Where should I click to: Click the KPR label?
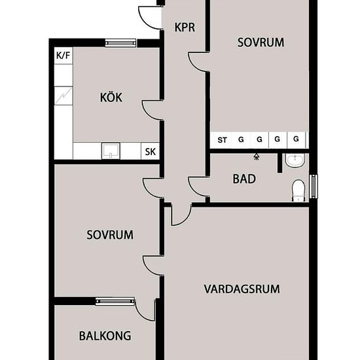coord(185,27)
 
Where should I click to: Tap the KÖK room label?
coord(111,97)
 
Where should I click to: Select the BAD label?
coord(244,179)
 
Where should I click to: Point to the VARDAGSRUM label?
coord(242,289)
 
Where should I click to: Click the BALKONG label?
coord(105,336)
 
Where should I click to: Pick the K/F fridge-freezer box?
coord(63,56)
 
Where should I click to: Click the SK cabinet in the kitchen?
coord(150,151)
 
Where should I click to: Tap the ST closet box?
coord(222,140)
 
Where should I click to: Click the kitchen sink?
coord(111,151)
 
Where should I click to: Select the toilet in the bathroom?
coord(298,190)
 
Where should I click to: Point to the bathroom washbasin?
coord(295,160)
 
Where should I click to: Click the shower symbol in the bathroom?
coord(257,157)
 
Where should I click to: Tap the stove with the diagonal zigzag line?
coord(63,96)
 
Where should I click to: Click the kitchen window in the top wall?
coord(120,43)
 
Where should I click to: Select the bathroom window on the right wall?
coord(314,187)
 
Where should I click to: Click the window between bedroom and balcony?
coord(115,301)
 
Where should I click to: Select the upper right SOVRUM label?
coord(261,43)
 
